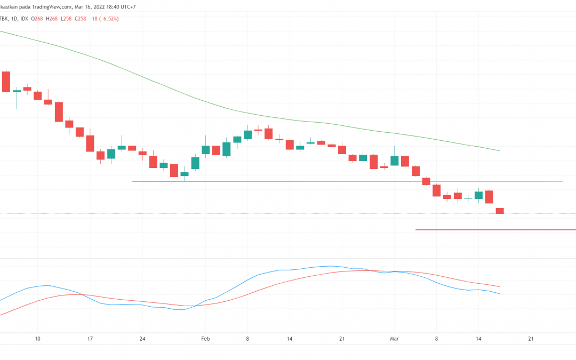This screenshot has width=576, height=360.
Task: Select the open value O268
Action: pyautogui.click(x=37, y=19)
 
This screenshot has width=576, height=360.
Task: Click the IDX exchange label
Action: pyautogui.click(x=25, y=19)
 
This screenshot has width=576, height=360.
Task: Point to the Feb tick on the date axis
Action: pyautogui.click(x=206, y=338)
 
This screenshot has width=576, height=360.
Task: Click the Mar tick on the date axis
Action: pyautogui.click(x=394, y=338)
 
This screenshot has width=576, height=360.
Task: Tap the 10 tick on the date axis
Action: pyautogui.click(x=37, y=338)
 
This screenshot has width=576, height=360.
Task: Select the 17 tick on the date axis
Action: pyautogui.click(x=90, y=338)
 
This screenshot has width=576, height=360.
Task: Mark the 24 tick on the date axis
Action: pyautogui.click(x=142, y=338)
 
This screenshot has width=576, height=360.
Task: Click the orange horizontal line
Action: pyautogui.click(x=347, y=181)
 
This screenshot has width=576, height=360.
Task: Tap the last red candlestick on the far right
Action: pyautogui.click(x=500, y=211)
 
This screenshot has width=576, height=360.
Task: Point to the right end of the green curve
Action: pyautogui.click(x=499, y=150)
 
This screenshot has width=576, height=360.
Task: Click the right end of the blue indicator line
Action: pyautogui.click(x=499, y=293)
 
